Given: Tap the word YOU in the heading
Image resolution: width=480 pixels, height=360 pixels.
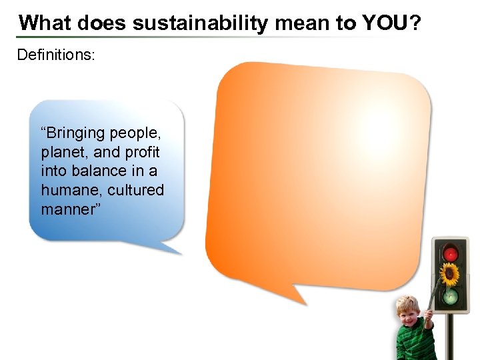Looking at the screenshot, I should pyautogui.click(x=384, y=23).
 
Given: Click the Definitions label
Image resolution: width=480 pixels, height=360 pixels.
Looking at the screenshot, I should pyautogui.click(x=56, y=54).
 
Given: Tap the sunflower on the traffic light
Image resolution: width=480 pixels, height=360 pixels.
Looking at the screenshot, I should pyautogui.click(x=451, y=273).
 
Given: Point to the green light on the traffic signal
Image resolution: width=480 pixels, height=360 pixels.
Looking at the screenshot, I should pyautogui.click(x=451, y=295).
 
